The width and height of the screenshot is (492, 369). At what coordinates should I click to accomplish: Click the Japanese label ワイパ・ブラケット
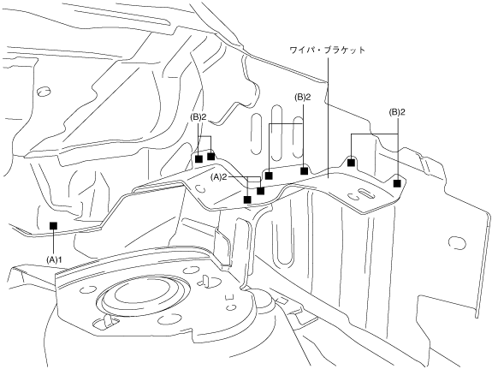pyautogui.click(x=327, y=51)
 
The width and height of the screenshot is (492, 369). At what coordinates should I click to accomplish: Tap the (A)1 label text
pyautogui.click(x=54, y=259)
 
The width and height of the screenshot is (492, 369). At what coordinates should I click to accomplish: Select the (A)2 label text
pyautogui.click(x=219, y=177)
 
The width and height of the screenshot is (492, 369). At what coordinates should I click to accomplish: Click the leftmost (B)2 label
pyautogui.click(x=199, y=117)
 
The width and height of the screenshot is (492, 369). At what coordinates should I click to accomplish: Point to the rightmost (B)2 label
pyautogui.click(x=397, y=112)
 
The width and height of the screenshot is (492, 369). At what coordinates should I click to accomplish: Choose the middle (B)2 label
pyautogui.click(x=303, y=98)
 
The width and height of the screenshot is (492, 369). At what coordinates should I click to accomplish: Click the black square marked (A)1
pyautogui.click(x=53, y=225)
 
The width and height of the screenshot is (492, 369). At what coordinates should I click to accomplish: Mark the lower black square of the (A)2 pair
pyautogui.click(x=247, y=199)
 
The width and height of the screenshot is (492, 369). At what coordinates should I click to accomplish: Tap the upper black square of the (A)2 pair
pyautogui.click(x=260, y=191)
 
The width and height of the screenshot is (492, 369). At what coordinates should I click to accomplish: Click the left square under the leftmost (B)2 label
pyautogui.click(x=199, y=159)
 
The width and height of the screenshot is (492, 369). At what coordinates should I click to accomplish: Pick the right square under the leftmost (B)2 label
pyautogui.click(x=210, y=156)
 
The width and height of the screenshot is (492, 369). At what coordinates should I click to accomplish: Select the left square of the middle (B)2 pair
pyautogui.click(x=269, y=176)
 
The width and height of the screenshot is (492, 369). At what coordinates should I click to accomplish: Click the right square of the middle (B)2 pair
pyautogui.click(x=304, y=171)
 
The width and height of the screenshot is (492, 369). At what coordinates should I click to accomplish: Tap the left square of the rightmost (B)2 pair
pyautogui.click(x=351, y=163)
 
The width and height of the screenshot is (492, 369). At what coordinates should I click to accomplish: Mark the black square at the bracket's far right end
pyautogui.click(x=397, y=183)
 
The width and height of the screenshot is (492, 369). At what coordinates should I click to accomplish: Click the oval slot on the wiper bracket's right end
pyautogui.click(x=366, y=193)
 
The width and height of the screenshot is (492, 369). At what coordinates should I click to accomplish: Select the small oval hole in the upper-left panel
pyautogui.click(x=44, y=92)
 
